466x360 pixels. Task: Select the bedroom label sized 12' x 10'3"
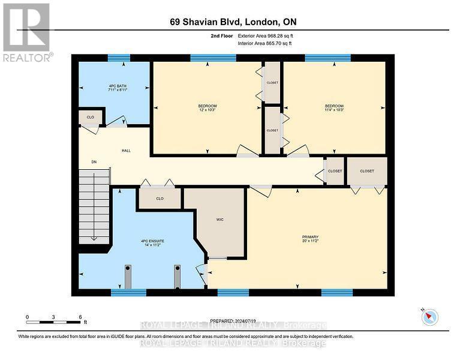(207, 107)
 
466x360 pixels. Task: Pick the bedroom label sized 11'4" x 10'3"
(335, 107)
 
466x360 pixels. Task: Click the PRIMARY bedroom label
(310, 238)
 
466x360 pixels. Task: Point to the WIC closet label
(220, 220)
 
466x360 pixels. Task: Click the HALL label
(127, 151)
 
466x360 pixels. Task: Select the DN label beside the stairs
(94, 162)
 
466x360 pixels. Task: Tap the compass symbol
(429, 317)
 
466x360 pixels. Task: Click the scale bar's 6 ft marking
(80, 317)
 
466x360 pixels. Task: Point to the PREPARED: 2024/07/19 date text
(233, 321)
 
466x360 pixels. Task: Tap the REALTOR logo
(27, 32)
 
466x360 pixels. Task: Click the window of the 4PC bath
(119, 58)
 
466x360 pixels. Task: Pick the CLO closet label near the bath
(91, 118)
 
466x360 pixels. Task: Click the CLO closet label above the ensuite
(160, 198)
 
